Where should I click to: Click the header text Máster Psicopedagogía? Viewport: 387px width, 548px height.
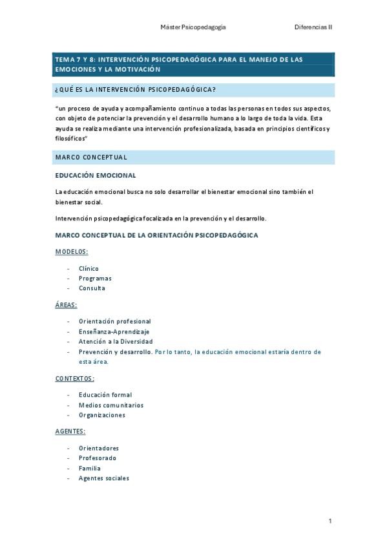point(193,28)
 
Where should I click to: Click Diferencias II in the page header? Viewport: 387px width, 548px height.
point(313,28)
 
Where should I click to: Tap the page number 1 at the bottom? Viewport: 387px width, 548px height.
point(330,521)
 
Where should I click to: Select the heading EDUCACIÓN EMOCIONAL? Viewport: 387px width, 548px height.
point(95,175)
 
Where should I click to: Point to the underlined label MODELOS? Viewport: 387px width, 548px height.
point(72,251)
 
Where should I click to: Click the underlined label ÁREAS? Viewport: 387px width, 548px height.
point(66,304)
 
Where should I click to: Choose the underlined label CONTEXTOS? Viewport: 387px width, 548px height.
point(75,378)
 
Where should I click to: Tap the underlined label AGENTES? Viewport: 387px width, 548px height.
point(70,431)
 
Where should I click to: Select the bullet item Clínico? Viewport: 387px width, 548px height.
point(89,268)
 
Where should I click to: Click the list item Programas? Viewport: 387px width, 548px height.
point(95,278)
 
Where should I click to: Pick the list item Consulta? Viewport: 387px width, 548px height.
point(92,288)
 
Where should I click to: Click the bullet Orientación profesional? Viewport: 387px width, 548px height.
point(114,321)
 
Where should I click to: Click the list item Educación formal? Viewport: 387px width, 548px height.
point(105,395)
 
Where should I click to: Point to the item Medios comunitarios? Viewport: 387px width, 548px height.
point(110,405)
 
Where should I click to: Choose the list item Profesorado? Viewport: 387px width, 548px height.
point(98,458)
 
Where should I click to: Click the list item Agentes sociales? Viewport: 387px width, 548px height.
point(103,478)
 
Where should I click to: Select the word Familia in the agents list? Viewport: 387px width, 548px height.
point(90,468)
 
